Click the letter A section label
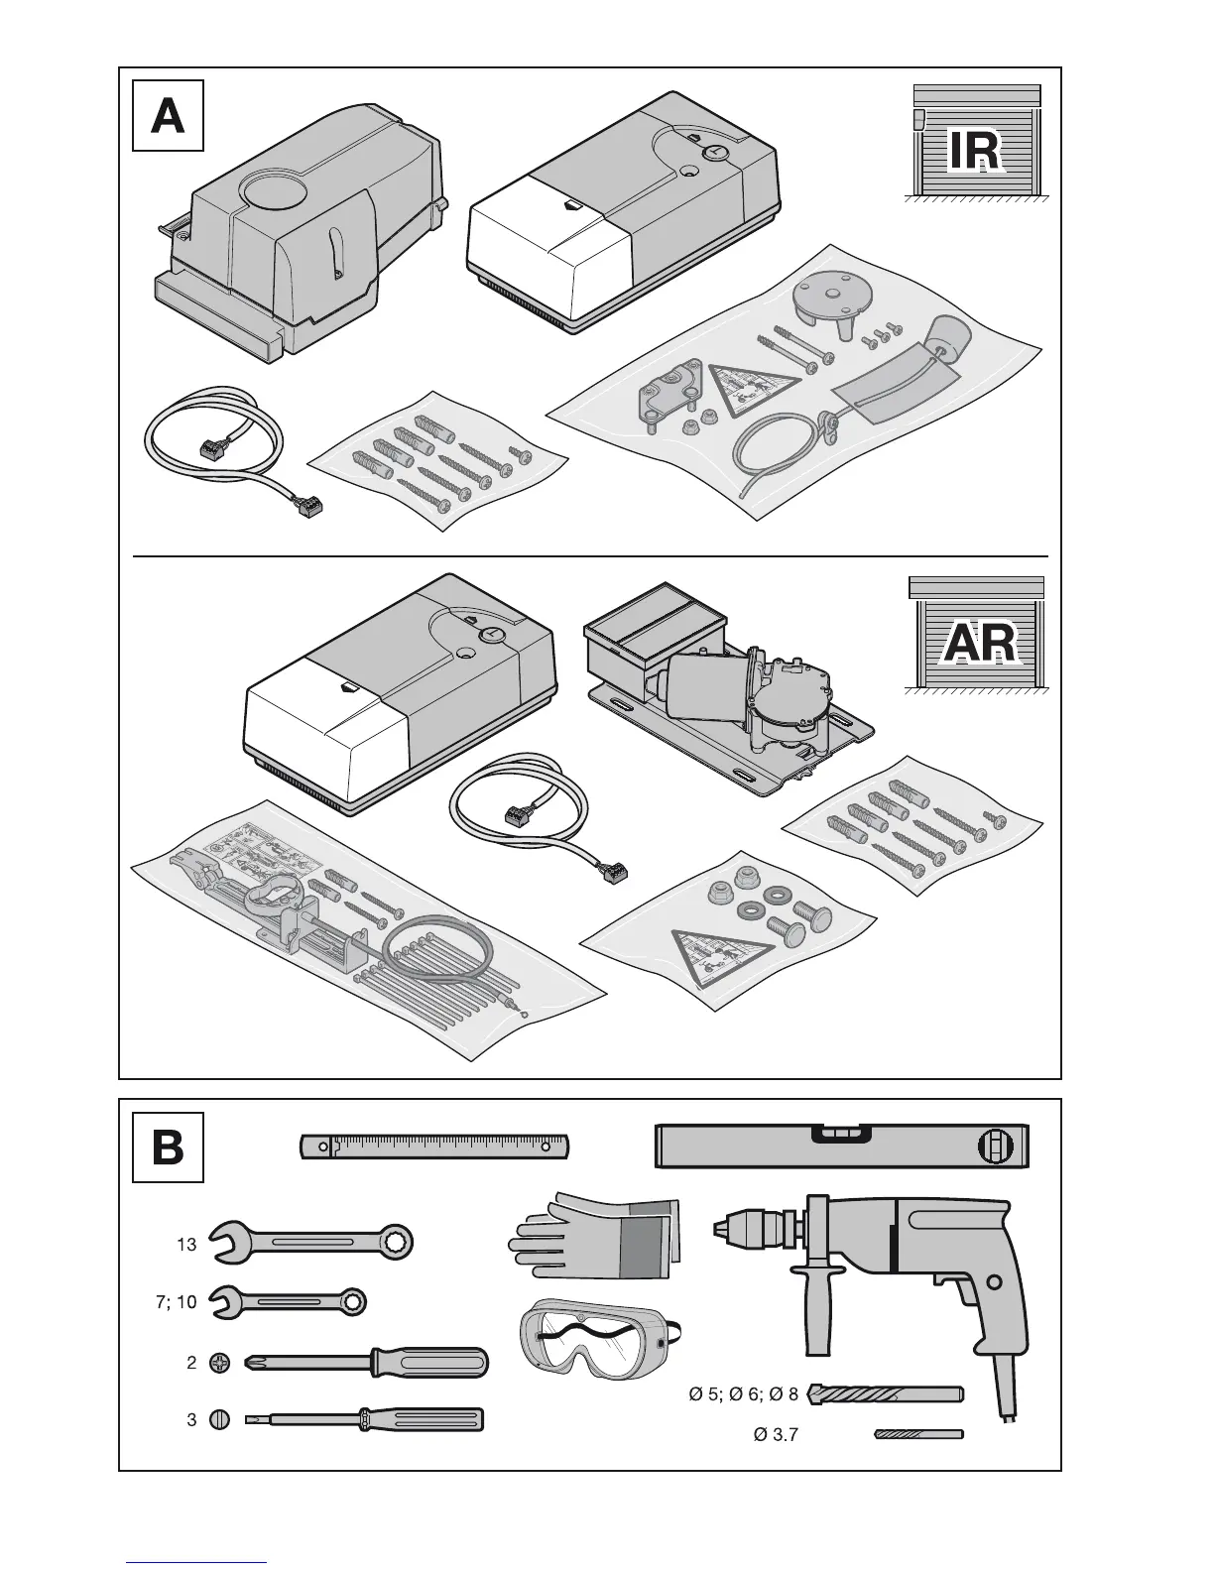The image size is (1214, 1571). click(x=168, y=116)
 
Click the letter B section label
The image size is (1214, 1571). click(x=168, y=1148)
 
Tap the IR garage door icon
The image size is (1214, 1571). click(x=975, y=144)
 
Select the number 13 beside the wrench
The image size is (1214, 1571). click(x=186, y=1244)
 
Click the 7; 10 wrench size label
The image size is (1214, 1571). click(x=177, y=1302)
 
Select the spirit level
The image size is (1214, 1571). click(x=843, y=1147)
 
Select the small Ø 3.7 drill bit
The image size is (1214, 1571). click(x=918, y=1434)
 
